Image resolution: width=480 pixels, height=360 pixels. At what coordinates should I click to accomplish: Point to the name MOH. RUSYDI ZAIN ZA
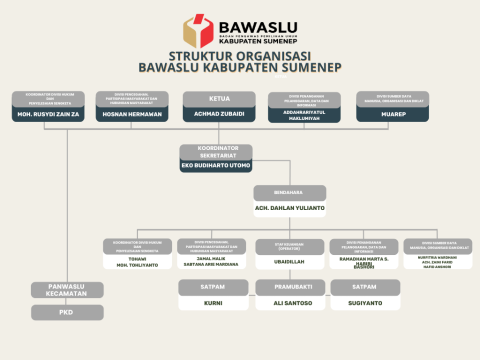[x=49, y=114]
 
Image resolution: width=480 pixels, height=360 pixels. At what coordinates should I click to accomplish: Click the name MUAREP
[x=392, y=114]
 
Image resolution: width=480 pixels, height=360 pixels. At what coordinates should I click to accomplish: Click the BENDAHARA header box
[x=290, y=192]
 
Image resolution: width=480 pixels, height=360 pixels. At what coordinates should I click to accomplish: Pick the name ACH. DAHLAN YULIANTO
[x=290, y=208]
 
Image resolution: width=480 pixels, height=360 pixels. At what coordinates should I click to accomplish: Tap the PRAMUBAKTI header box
[x=290, y=287]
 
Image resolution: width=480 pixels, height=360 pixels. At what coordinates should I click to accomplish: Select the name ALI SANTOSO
[x=290, y=302]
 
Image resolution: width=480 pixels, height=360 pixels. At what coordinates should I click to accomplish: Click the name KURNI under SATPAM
[x=213, y=302]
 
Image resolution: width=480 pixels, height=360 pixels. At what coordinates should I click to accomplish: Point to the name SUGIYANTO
[x=365, y=302]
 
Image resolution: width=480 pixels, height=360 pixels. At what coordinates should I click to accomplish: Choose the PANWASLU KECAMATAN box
[x=67, y=290]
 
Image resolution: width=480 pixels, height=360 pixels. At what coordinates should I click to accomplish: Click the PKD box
[x=67, y=312]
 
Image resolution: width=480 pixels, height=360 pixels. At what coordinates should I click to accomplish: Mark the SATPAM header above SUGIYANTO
[x=365, y=287]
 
